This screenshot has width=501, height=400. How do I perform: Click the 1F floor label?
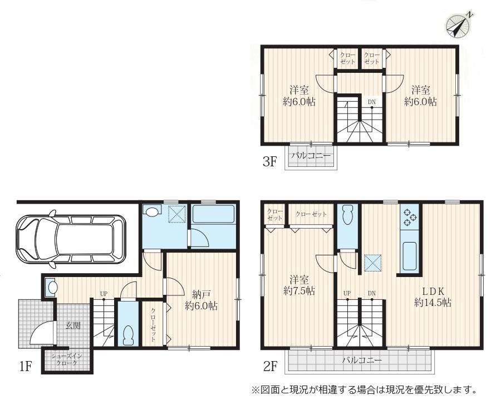click(x=25, y=367)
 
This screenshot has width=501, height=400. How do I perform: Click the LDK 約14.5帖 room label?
click(x=433, y=297)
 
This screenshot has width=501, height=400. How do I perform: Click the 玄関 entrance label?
click(x=73, y=325)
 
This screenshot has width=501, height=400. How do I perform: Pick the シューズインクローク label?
click(x=67, y=359)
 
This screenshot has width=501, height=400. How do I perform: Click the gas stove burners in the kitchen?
click(x=410, y=217)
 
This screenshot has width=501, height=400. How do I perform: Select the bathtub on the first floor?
click(x=213, y=215)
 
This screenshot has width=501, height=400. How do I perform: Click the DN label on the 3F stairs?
click(x=371, y=102)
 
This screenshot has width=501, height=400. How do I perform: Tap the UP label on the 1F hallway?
click(x=104, y=294)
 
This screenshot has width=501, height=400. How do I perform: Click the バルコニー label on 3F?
click(x=311, y=156)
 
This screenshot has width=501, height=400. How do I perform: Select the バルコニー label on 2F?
click(x=362, y=361)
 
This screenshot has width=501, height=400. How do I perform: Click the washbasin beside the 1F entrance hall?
click(x=51, y=287)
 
